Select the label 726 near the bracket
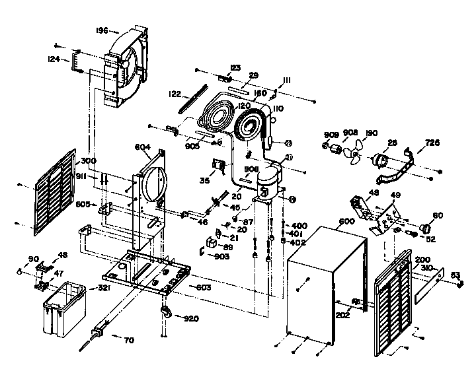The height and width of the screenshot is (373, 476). click(432, 143)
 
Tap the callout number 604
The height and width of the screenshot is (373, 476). click(144, 147)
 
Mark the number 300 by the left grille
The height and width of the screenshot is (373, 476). click(89, 161)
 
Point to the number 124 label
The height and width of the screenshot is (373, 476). click(54, 59)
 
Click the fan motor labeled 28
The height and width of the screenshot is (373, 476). click(380, 160)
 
